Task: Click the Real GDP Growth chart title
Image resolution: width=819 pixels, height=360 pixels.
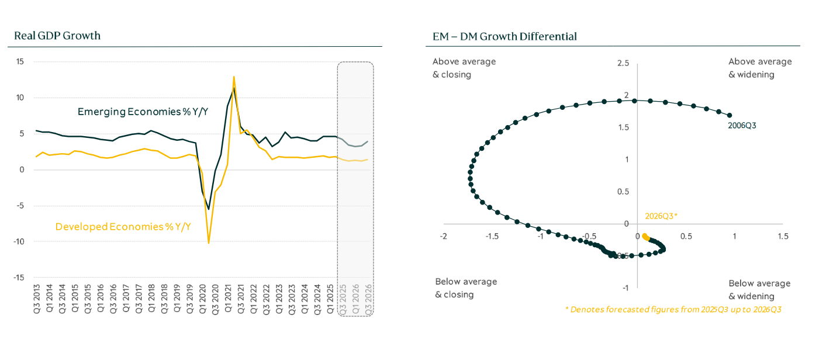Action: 57,36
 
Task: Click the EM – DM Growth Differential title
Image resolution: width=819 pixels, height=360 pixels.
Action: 501,37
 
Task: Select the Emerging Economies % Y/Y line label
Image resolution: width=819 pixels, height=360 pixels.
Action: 143,112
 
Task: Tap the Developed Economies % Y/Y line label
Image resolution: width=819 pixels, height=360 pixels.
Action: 123,227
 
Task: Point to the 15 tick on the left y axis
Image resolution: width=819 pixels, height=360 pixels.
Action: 19,62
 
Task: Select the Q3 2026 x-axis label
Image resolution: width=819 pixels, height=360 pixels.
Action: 369,299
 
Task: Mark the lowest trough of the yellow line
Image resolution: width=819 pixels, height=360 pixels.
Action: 209,243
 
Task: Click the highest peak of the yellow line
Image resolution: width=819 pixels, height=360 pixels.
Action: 234,76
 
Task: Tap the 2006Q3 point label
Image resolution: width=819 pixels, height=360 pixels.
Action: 742,125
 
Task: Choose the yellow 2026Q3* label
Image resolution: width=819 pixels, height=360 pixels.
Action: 661,216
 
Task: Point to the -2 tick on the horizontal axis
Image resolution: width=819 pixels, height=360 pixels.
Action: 444,236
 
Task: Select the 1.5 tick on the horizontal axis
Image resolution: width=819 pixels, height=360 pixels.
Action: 783,236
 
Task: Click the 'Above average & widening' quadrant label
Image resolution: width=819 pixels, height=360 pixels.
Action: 760,68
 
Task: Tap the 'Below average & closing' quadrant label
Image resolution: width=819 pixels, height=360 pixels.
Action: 466,288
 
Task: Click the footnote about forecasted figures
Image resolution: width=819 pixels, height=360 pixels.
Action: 673,309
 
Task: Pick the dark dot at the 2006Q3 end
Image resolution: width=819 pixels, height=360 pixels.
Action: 729,115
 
